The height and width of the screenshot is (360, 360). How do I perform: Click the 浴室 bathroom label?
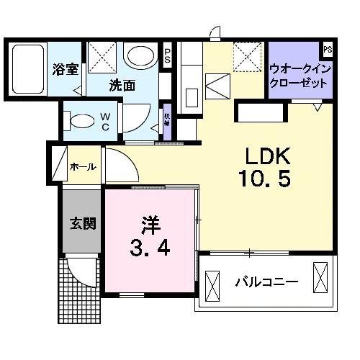66,70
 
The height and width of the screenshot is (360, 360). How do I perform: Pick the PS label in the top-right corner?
328,49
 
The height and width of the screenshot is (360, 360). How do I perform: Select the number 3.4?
149,250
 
